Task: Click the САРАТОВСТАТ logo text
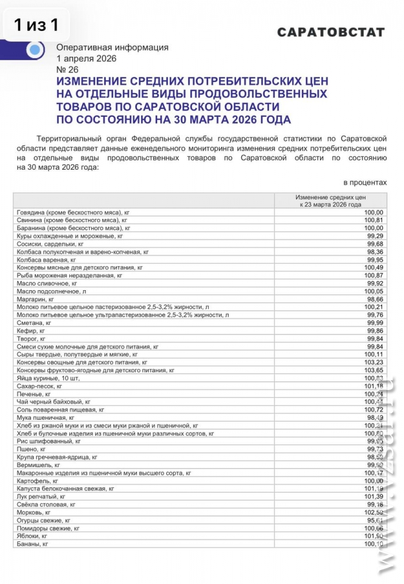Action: click(331, 32)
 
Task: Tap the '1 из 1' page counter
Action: click(37, 25)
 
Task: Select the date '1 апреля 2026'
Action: click(86, 59)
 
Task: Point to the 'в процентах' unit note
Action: click(365, 182)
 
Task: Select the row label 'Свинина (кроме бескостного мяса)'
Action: click(71, 220)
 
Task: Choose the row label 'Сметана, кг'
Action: click(34, 323)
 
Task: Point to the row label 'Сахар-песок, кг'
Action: click(40, 386)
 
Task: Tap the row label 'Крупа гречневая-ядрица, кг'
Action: click(57, 457)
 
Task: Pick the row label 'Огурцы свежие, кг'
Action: click(44, 520)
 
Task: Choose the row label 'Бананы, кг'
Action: click(32, 544)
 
